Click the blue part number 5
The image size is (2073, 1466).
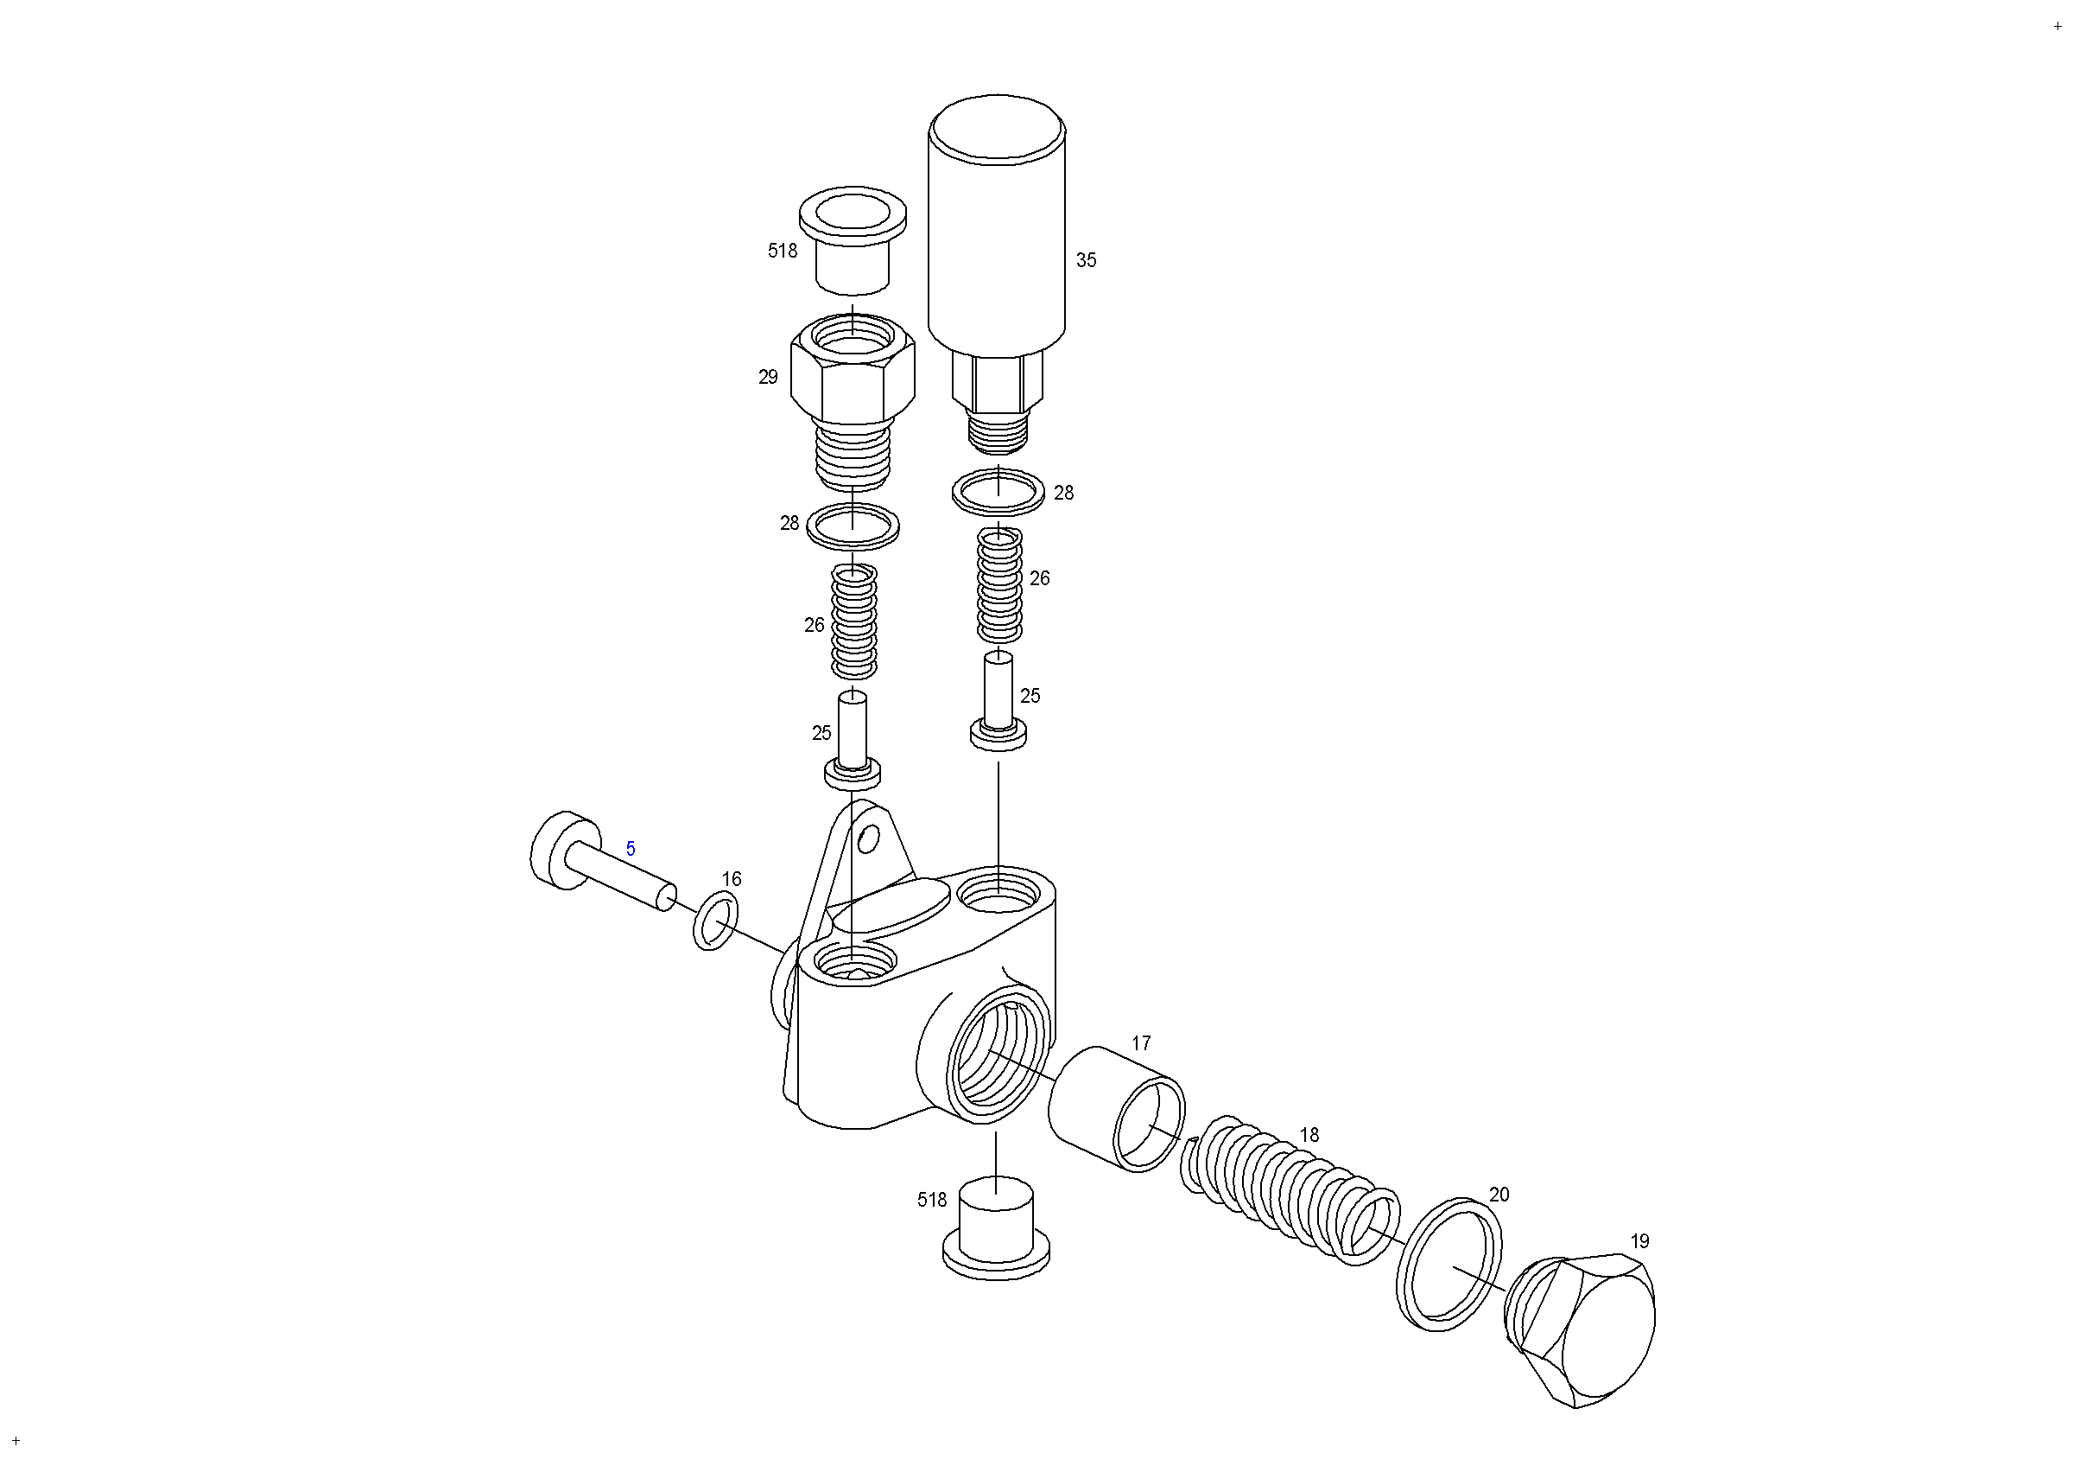click(x=631, y=849)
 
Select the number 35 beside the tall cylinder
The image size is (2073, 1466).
click(x=1086, y=260)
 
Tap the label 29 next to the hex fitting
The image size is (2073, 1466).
click(x=769, y=378)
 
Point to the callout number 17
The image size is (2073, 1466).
click(x=1141, y=1043)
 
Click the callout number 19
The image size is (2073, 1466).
click(x=1639, y=1241)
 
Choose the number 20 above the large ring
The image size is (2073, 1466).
click(x=1499, y=1195)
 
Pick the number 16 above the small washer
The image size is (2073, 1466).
click(x=732, y=879)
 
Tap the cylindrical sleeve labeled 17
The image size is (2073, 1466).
click(x=1117, y=1109)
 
